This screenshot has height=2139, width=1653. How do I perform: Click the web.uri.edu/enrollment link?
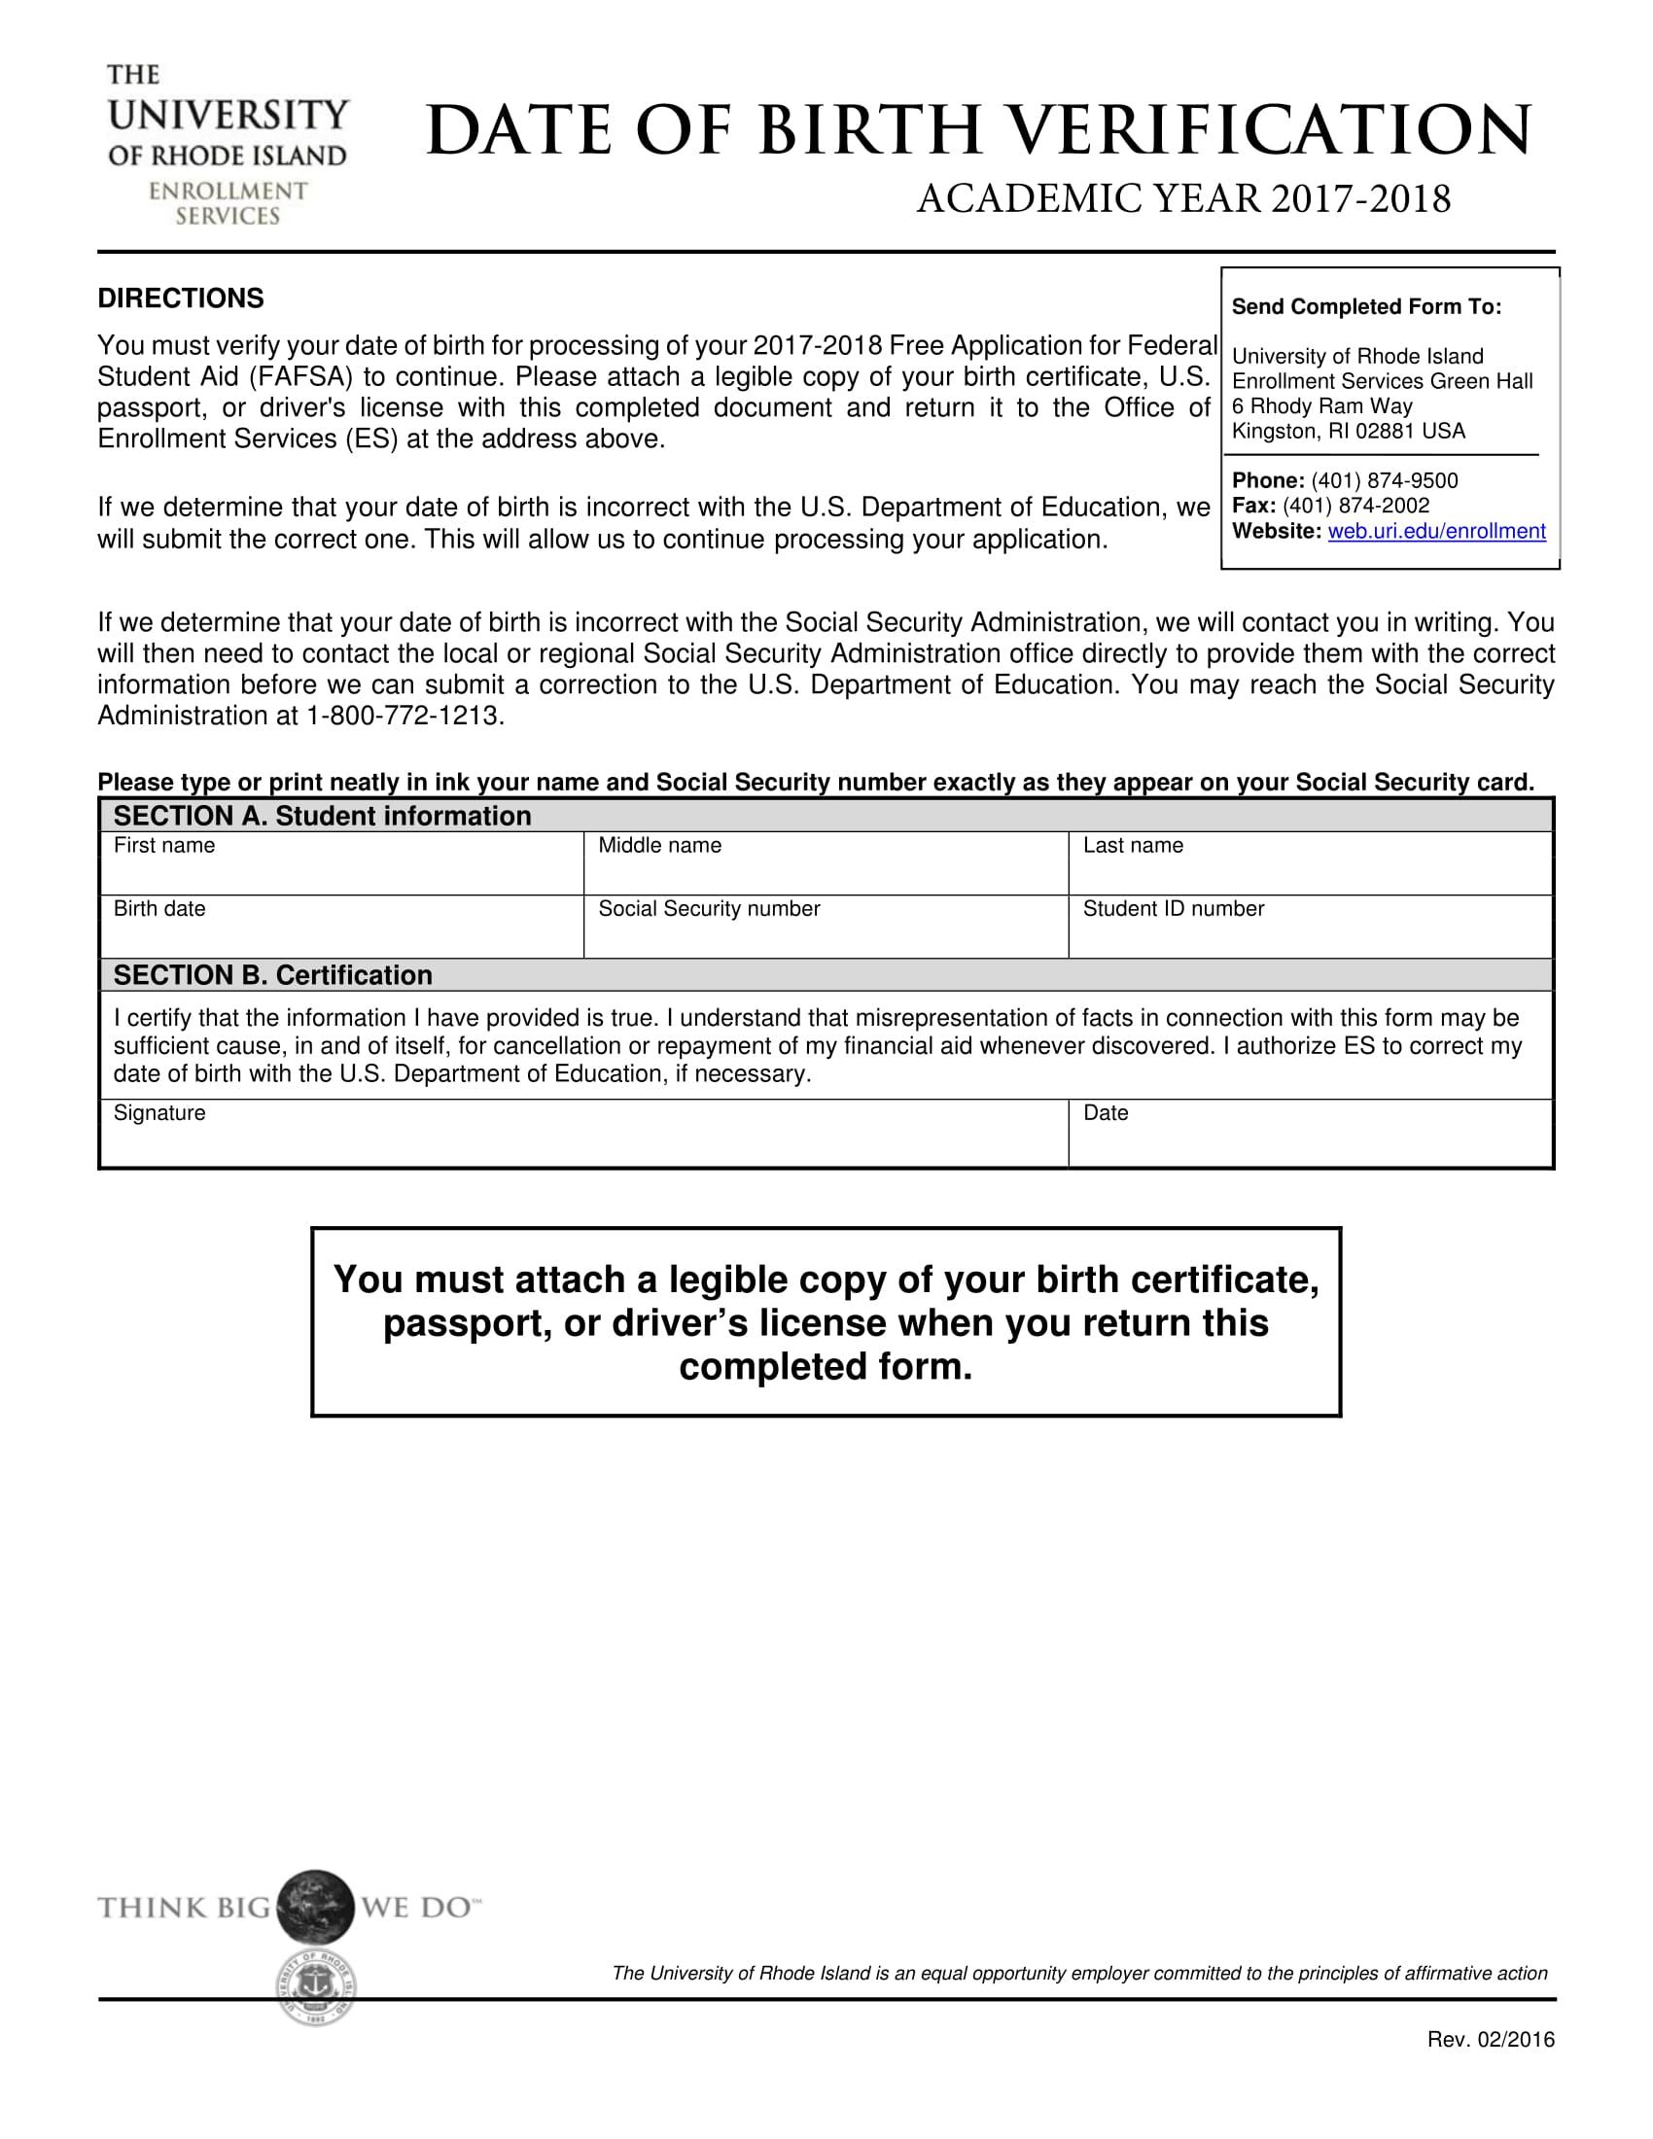(1435, 531)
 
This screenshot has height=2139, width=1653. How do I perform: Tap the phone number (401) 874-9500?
(1384, 480)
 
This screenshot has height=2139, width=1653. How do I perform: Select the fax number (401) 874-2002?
(1355, 506)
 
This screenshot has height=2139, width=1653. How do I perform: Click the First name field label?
(163, 845)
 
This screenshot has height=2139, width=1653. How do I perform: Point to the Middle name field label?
(659, 845)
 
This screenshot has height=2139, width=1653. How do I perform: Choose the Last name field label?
(1132, 845)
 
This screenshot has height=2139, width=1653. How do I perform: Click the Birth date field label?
(158, 909)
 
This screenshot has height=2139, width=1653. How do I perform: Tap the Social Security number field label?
(708, 909)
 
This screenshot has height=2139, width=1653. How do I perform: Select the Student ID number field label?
(1173, 909)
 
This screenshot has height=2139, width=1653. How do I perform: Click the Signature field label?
(158, 1112)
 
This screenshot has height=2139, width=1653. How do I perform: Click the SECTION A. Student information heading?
(321, 816)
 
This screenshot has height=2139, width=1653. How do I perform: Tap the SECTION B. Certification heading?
(272, 975)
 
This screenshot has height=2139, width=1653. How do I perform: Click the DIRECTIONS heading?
(180, 298)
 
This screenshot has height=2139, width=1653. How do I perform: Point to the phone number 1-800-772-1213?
(404, 716)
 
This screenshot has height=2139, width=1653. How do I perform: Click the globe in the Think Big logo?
(314, 1906)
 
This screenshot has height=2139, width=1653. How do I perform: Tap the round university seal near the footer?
(315, 1987)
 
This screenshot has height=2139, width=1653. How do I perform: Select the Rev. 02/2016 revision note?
(1490, 2040)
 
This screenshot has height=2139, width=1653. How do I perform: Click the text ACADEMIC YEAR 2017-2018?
(1183, 198)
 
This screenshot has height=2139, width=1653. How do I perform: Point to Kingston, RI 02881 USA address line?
(1348, 431)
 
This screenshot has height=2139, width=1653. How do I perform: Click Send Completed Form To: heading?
(1365, 306)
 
